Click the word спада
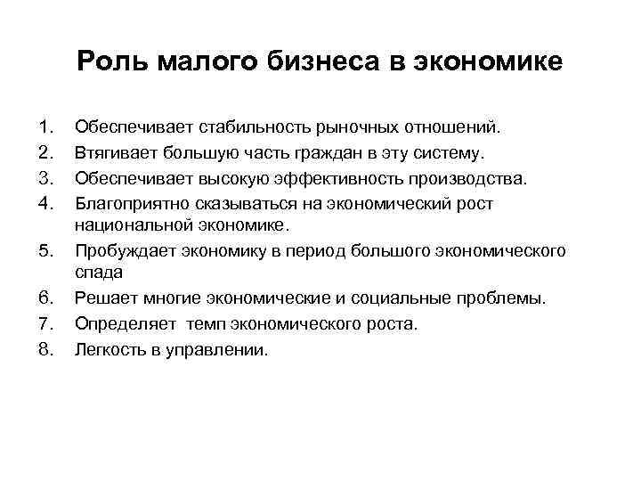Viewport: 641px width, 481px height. [x=98, y=273]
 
